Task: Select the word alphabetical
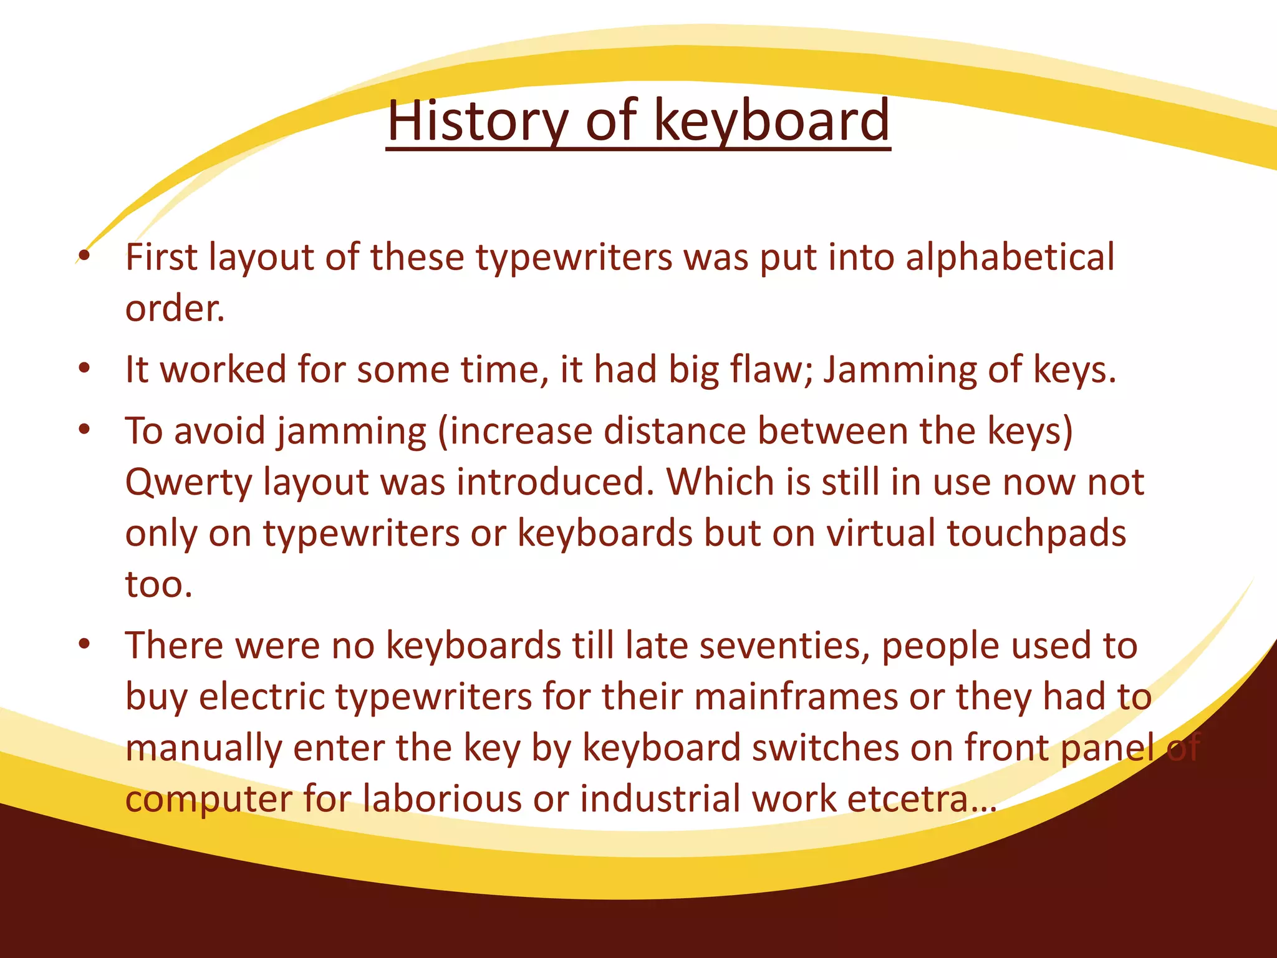click(x=1010, y=257)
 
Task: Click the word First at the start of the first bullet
click(x=161, y=257)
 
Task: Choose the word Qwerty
click(x=188, y=483)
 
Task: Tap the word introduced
click(x=555, y=482)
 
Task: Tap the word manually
click(x=203, y=748)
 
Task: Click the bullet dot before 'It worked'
click(x=85, y=367)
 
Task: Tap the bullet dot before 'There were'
click(x=85, y=644)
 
